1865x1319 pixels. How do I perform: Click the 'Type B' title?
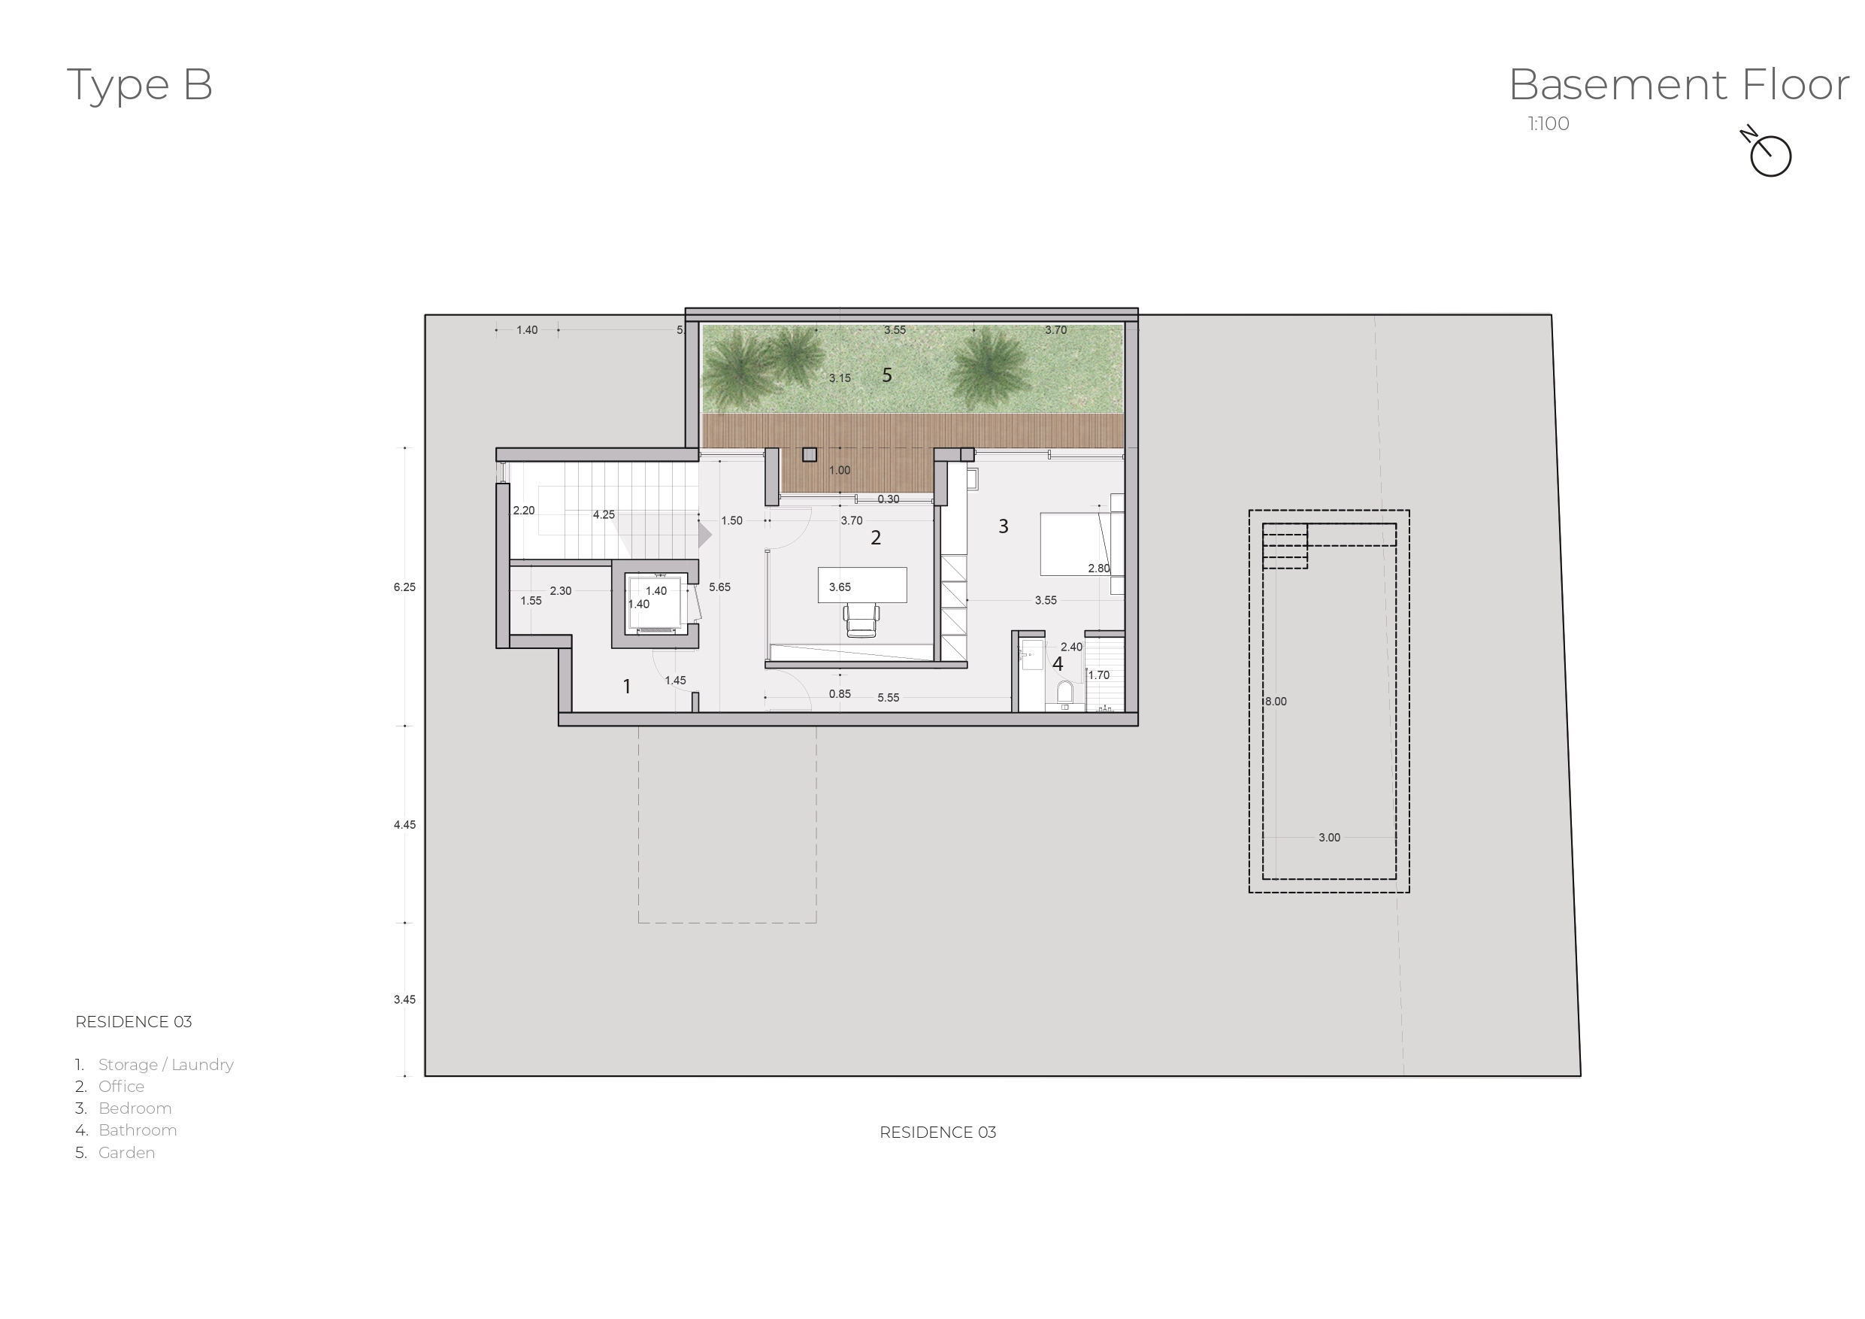tap(139, 84)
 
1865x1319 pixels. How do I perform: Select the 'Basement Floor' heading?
tap(1678, 84)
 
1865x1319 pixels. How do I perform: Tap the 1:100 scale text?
tap(1549, 123)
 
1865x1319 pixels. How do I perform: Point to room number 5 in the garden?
tap(887, 375)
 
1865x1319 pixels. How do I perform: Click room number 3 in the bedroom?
tap(1004, 526)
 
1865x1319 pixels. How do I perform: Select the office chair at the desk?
tap(861, 621)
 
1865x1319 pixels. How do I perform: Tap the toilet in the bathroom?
tap(1064, 693)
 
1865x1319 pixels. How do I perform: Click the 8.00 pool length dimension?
tap(1276, 702)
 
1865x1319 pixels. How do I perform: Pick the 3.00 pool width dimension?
tap(1329, 837)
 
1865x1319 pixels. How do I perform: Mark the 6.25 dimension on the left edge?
tap(404, 587)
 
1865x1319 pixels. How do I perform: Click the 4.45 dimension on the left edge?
tap(404, 825)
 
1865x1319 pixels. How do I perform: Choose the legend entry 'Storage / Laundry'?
tap(165, 1065)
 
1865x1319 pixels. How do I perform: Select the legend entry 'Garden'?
tap(127, 1152)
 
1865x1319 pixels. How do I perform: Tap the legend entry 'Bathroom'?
tap(138, 1130)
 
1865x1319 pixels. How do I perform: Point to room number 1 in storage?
tap(626, 687)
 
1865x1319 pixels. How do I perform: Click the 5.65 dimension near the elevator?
tap(719, 587)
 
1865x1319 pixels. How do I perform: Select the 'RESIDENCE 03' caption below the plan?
tap(937, 1132)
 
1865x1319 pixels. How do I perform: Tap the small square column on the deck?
tap(809, 455)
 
